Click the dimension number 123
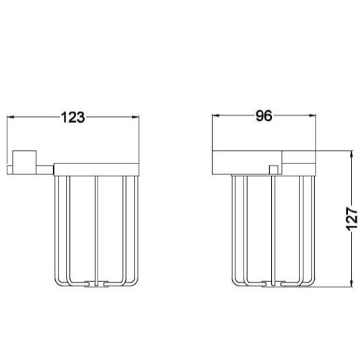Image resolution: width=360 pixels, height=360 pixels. click(x=73, y=117)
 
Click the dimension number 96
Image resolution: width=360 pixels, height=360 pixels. click(x=264, y=116)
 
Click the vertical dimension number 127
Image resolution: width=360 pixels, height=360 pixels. click(x=352, y=219)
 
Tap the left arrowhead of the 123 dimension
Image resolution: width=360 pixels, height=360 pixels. click(x=11, y=117)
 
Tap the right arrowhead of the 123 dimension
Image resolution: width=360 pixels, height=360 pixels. click(x=135, y=117)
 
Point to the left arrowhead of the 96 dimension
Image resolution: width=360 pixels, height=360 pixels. click(x=216, y=116)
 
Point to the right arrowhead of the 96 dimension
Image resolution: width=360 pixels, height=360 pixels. click(x=312, y=116)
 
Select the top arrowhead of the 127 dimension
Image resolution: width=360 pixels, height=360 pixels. click(x=351, y=155)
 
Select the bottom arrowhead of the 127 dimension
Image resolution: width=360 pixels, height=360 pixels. click(x=351, y=283)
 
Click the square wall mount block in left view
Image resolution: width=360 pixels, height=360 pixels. click(x=24, y=162)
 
